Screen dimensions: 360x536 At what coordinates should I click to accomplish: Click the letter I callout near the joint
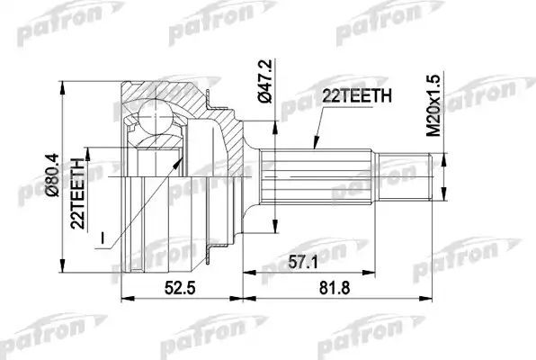click(x=104, y=238)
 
